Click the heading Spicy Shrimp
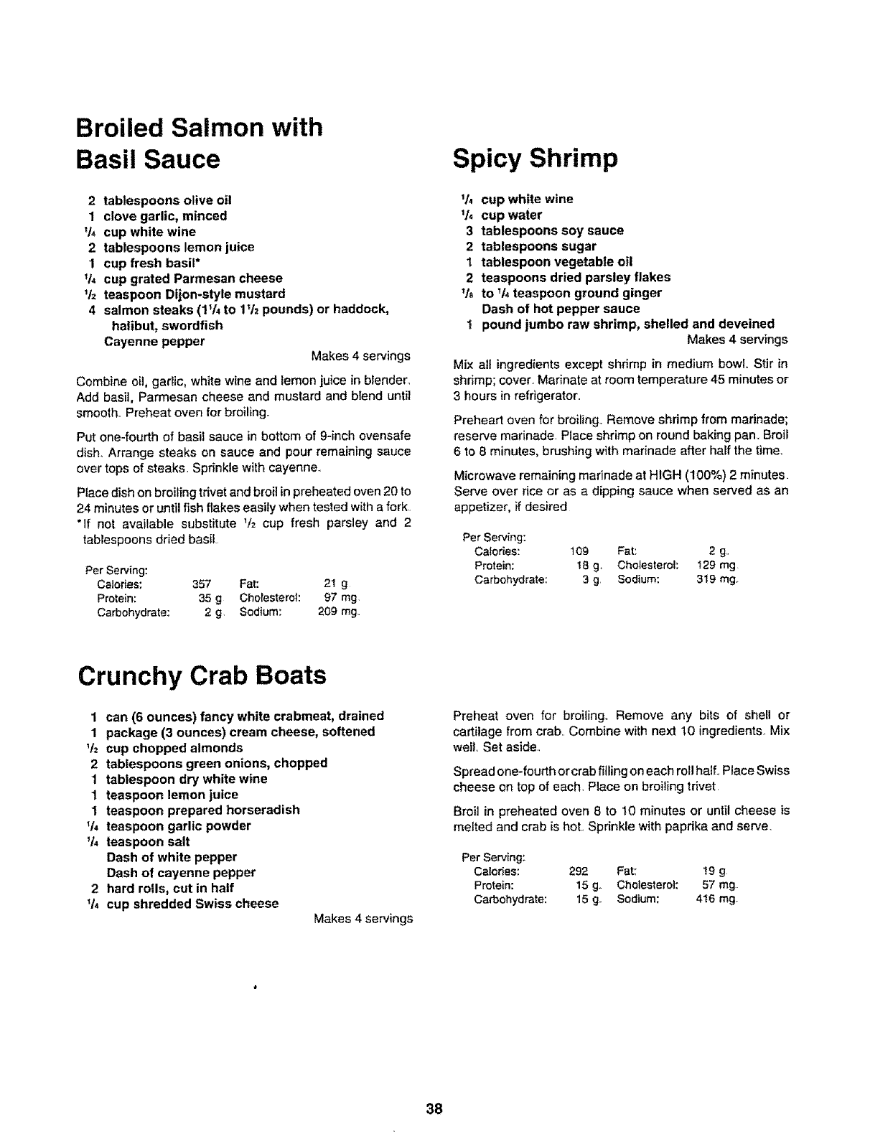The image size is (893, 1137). pos(535,159)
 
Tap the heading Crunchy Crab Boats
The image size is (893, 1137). pos(201,675)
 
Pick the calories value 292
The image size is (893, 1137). pos(579,871)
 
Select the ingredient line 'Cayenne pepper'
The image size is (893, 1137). pos(154,341)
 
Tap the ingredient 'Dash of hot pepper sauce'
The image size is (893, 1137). pos(561,309)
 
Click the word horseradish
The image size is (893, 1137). pos(260,810)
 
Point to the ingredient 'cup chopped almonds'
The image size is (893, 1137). pos(174,747)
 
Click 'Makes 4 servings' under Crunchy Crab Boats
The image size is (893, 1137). pos(363,919)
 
